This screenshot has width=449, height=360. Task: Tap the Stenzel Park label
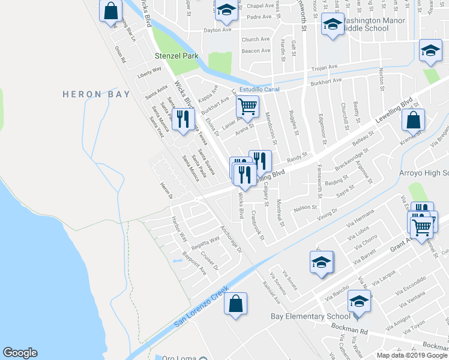click(x=176, y=56)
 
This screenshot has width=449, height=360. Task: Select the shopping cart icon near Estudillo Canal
click(x=247, y=107)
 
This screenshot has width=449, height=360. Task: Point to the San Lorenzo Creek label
click(x=202, y=305)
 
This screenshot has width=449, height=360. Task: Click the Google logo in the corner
click(x=20, y=353)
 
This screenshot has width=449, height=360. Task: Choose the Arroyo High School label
click(x=424, y=173)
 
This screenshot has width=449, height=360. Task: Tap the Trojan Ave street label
click(x=324, y=67)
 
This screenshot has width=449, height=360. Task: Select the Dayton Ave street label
click(x=217, y=29)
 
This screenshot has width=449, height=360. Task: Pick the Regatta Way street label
click(x=205, y=244)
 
